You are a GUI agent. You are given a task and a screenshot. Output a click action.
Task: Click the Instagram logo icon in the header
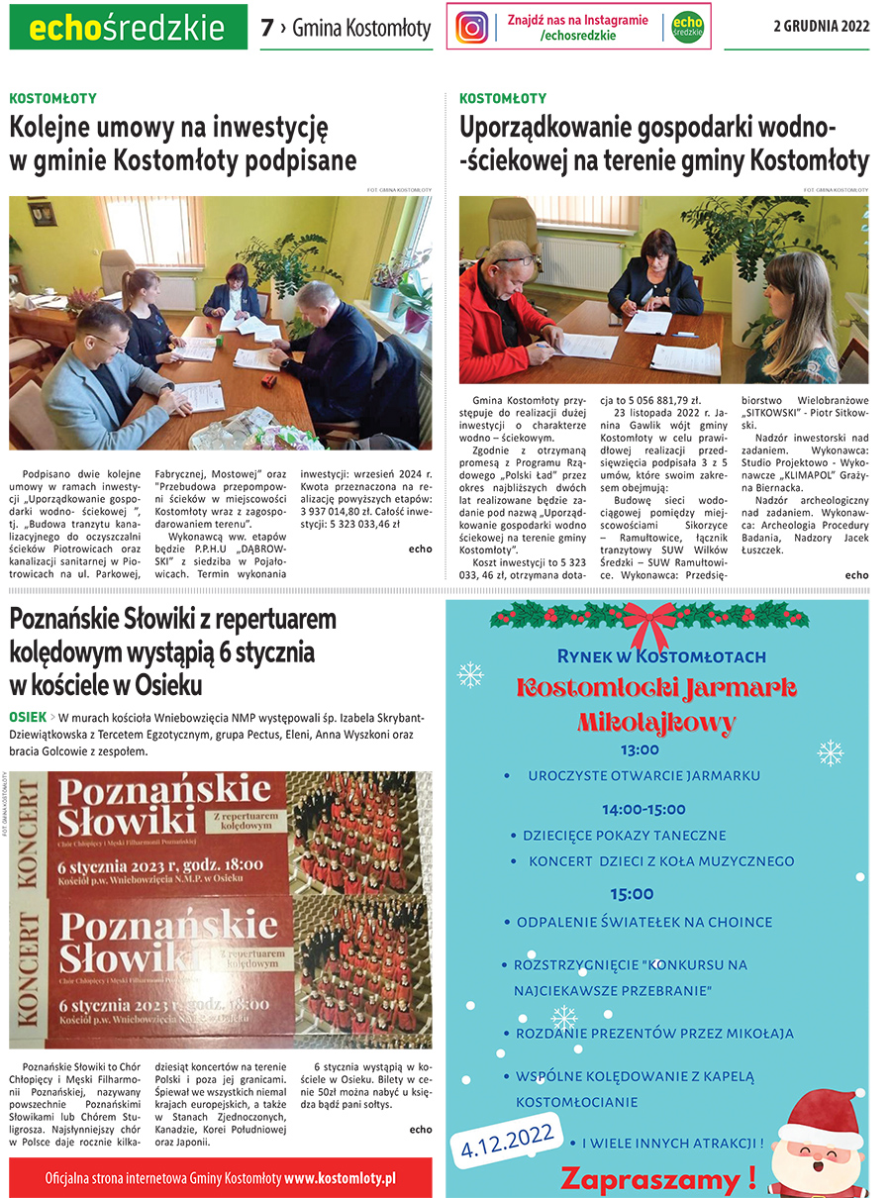(x=472, y=28)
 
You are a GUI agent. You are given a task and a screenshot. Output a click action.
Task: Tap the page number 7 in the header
(x=266, y=29)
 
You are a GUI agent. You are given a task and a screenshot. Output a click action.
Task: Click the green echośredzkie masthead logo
(x=128, y=28)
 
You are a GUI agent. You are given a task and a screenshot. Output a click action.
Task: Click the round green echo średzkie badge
(x=686, y=28)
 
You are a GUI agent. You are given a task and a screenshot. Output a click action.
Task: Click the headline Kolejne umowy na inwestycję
(x=168, y=129)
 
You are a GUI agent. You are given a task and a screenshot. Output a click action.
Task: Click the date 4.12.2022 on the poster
(x=506, y=1138)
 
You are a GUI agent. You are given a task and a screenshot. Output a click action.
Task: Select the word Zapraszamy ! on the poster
(x=658, y=1178)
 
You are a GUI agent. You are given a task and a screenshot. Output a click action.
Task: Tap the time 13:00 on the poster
(x=640, y=749)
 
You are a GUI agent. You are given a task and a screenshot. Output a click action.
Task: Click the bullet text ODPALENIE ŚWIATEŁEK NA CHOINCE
(x=644, y=922)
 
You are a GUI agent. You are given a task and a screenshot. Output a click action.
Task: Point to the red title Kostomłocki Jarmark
(x=656, y=688)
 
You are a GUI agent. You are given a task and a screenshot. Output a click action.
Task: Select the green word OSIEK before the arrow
(x=27, y=716)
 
